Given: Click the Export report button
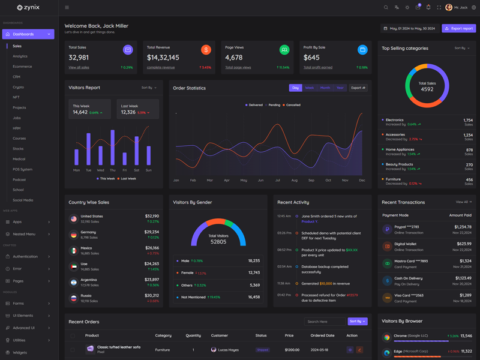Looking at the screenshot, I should coord(459,28).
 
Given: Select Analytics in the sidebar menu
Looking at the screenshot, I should coord(20,56).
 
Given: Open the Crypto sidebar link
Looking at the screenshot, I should coord(19,87).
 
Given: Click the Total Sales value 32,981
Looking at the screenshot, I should coord(79,58).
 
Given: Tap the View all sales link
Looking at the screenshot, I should coord(79,68).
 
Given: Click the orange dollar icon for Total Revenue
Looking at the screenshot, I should coord(206,50).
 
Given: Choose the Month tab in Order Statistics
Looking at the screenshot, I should coord(325,88).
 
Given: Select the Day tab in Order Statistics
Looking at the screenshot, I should coord(295,88).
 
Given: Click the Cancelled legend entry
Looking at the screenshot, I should coord(292,105).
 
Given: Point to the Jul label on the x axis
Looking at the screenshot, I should coord(277,180).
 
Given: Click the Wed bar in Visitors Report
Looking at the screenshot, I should coord(100,156).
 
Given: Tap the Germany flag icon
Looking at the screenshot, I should coord(73,235).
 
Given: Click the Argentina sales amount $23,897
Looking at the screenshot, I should coord(152,280).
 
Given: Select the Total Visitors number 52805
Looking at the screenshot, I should coord(218,242).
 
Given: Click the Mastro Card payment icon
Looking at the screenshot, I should coord(387,263).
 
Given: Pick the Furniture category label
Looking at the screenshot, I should coord(393,179).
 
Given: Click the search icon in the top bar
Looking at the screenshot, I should coord(386,8).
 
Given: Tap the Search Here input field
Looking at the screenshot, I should coord(324,322).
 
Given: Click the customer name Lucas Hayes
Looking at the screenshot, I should coord(228,350).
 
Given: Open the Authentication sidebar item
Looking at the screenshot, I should coord(25,256).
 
